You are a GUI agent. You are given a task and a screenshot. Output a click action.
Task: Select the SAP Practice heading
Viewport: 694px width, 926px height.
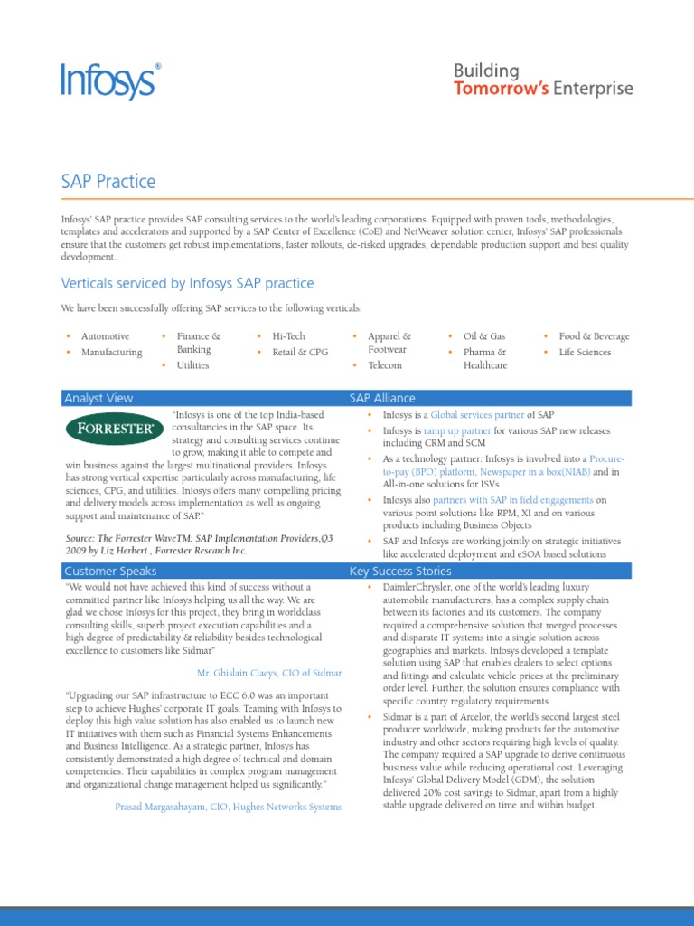coord(108,182)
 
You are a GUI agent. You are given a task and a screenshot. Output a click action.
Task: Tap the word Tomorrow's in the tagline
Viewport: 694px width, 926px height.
coord(502,89)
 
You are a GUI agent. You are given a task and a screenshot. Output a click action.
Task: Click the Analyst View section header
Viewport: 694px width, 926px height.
coord(98,398)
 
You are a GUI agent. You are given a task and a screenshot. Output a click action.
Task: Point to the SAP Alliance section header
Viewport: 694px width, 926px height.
coord(382,398)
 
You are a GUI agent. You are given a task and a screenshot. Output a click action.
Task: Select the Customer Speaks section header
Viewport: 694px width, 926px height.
coord(110,571)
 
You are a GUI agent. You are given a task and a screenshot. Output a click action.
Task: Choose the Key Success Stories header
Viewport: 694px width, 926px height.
coord(400,571)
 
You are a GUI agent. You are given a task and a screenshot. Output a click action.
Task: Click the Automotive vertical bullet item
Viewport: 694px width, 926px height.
coord(105,336)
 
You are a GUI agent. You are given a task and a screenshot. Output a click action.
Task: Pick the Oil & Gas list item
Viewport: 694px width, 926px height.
coord(484,336)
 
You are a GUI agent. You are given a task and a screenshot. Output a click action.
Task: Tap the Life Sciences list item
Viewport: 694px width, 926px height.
coord(585,353)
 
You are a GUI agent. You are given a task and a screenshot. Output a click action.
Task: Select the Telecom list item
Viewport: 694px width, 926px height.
coord(385,365)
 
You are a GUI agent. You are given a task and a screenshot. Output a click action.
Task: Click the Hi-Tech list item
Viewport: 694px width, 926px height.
coord(289,336)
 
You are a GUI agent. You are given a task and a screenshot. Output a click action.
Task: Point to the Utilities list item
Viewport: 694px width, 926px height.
coord(192,365)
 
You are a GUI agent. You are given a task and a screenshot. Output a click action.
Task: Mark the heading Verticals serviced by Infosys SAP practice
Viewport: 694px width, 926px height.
coord(188,284)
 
